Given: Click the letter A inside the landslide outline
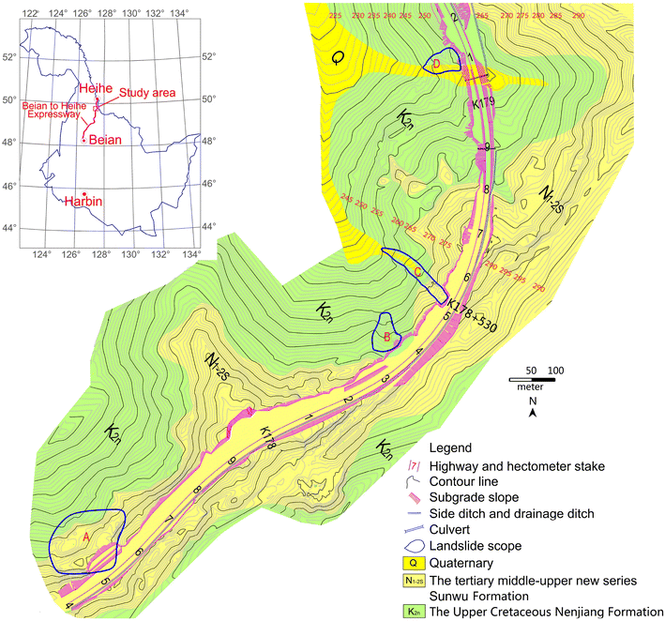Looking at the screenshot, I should click(86, 538).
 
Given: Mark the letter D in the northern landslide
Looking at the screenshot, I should click(436, 63).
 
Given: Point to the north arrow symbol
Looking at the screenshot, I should click(533, 410).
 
